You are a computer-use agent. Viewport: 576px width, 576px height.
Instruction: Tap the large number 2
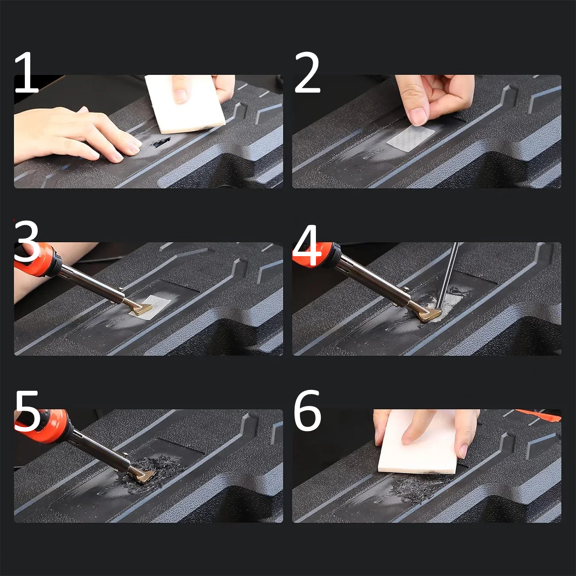(307, 72)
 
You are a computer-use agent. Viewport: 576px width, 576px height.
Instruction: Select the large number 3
(26, 241)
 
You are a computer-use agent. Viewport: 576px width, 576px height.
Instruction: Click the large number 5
(27, 411)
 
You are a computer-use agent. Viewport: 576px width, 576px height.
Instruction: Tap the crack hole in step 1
(160, 142)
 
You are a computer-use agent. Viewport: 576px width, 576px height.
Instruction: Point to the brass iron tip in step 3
(141, 308)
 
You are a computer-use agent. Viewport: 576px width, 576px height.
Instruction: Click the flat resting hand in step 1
(75, 135)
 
